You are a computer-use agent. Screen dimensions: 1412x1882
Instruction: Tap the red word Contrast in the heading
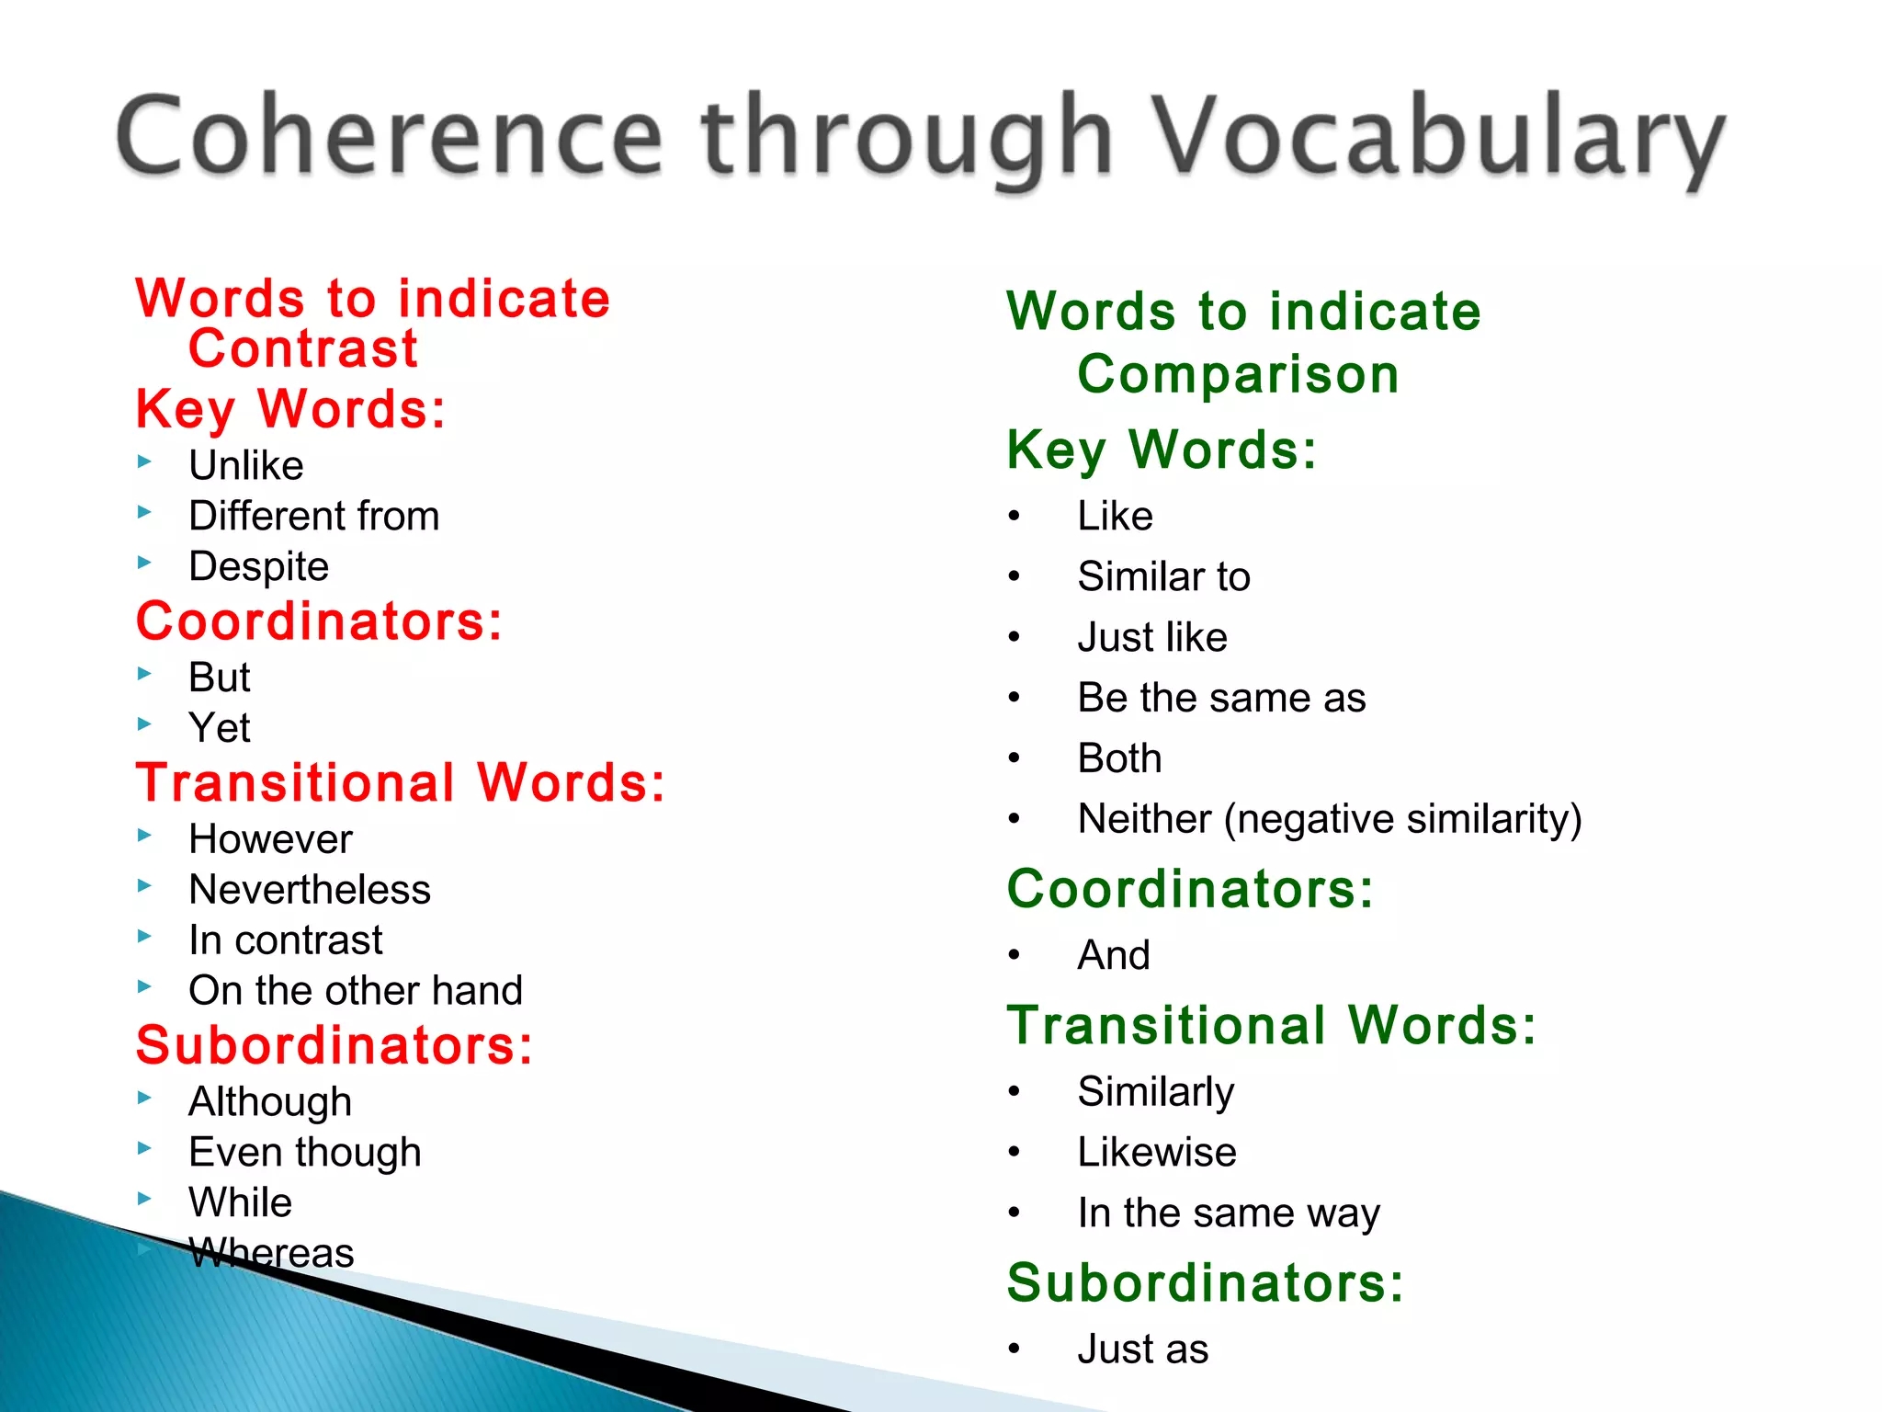tap(303, 349)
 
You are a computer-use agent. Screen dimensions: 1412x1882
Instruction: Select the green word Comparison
tap(1238, 375)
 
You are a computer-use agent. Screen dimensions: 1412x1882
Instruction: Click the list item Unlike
tap(246, 465)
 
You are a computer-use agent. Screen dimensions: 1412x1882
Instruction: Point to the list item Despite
tap(258, 566)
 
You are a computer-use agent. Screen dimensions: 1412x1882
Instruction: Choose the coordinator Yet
tap(219, 728)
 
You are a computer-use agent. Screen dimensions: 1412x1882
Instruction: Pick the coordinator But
tap(219, 678)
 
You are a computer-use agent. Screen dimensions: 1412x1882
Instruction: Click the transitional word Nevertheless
tap(310, 890)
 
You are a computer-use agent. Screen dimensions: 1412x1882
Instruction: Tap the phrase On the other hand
tap(356, 991)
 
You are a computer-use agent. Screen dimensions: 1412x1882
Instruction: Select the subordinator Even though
tap(305, 1153)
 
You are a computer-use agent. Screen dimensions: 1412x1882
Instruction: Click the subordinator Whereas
tap(271, 1254)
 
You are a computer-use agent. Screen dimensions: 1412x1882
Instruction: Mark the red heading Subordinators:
tap(334, 1046)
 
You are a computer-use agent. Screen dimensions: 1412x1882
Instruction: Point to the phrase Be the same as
tap(1221, 698)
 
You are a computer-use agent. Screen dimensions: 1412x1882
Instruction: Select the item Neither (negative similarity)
tap(1330, 819)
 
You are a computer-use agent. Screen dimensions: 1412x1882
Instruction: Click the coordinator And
tap(1114, 955)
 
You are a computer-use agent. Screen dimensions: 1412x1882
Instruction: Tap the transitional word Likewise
tap(1157, 1153)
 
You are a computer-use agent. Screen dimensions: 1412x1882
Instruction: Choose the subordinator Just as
tap(1143, 1349)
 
